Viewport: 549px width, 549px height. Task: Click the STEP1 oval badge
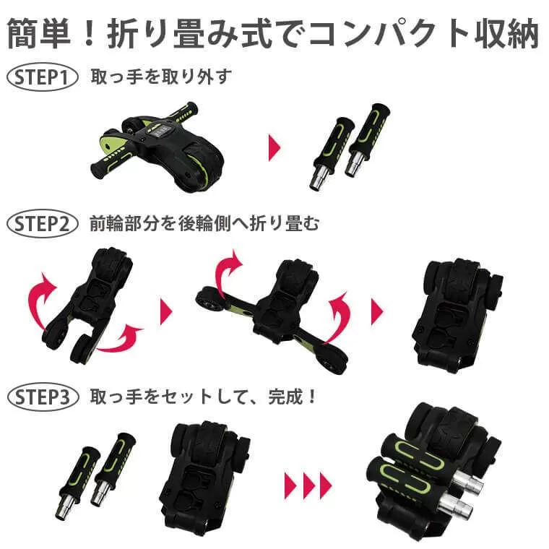(42, 77)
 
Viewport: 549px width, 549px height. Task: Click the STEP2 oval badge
(42, 224)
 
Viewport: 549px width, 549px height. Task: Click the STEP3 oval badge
(43, 397)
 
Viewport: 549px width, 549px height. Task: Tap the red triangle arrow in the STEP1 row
(274, 147)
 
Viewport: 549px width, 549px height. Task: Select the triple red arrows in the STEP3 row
(308, 485)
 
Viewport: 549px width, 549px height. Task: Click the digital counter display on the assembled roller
(160, 131)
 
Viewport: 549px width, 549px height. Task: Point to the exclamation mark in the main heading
(90, 34)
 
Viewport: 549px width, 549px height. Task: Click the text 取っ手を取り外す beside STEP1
(161, 77)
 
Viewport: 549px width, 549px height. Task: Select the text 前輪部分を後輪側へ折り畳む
(204, 223)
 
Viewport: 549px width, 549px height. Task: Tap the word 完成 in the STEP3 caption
(286, 397)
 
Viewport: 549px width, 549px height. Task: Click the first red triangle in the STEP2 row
(166, 311)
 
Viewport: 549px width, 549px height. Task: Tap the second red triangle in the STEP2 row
(377, 311)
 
